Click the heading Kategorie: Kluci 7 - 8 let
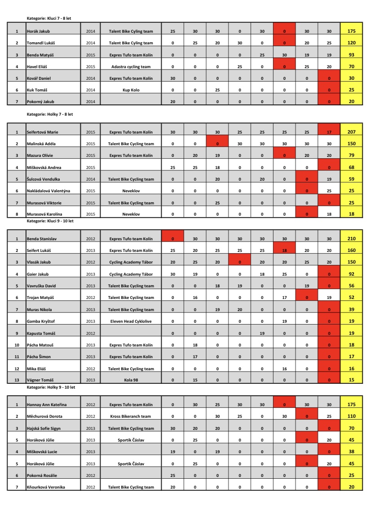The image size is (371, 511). point(49,18)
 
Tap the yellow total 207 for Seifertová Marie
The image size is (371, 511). point(352,132)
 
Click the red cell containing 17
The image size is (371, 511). point(329,132)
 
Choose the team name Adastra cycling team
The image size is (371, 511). point(131,67)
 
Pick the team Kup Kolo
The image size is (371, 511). point(131,90)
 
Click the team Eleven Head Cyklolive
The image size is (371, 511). point(131,321)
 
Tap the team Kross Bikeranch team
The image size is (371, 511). point(131,416)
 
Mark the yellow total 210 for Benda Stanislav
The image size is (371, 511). point(352,239)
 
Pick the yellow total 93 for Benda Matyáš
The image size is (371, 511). point(352,55)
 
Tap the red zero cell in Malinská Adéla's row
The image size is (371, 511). point(217,144)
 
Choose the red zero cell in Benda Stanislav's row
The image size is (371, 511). point(172,239)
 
